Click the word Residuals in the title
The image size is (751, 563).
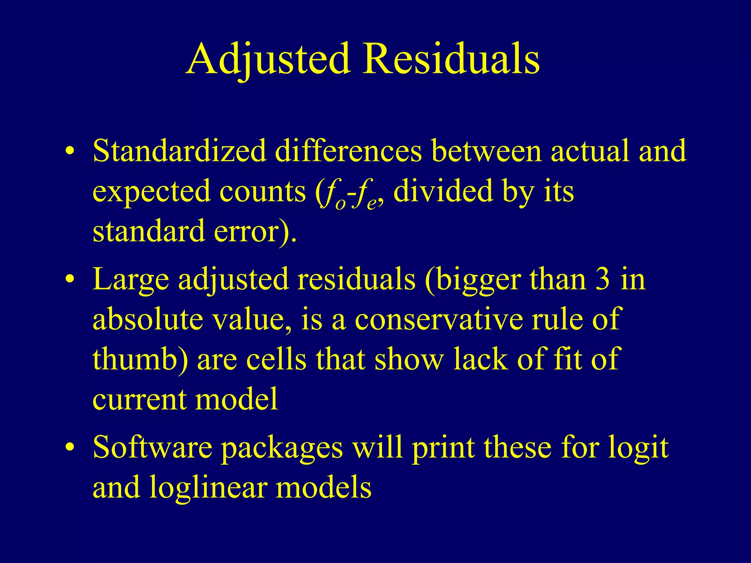click(x=451, y=59)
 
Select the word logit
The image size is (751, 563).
click(x=638, y=448)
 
